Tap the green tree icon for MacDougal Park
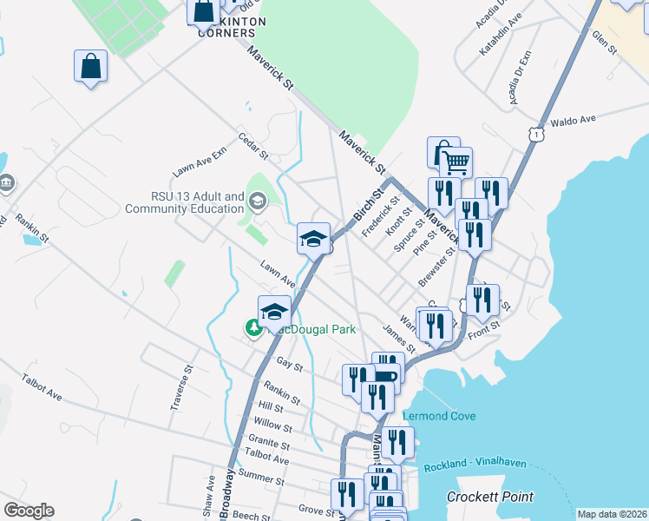(x=253, y=328)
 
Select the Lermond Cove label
(x=439, y=416)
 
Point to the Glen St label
(x=603, y=44)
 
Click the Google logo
(x=29, y=510)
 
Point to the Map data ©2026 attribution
(x=611, y=514)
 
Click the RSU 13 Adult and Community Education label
(x=185, y=202)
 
